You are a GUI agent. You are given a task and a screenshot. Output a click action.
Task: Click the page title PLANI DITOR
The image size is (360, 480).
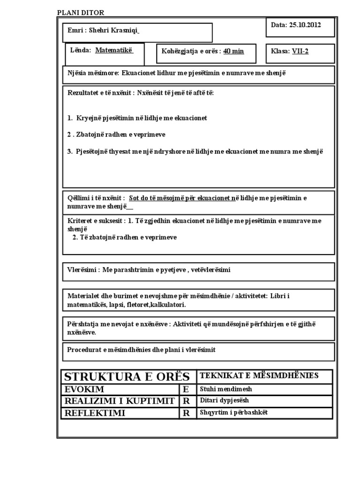pyautogui.click(x=81, y=13)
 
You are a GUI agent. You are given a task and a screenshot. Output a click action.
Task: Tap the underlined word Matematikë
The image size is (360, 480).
pyautogui.click(x=114, y=50)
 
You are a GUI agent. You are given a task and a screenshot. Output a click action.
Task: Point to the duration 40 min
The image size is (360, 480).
pyautogui.click(x=233, y=51)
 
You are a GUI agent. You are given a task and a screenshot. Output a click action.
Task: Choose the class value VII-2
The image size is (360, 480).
pyautogui.click(x=300, y=51)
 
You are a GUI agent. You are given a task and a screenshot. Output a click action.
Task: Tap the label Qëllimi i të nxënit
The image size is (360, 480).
pyautogui.click(x=96, y=198)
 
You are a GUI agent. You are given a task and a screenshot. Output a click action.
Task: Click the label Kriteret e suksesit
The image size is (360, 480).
pyautogui.click(x=96, y=220)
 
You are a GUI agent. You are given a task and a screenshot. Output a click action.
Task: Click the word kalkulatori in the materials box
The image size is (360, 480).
pyautogui.click(x=166, y=305)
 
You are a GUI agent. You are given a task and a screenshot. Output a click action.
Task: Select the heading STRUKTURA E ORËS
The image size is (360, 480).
pyautogui.click(x=127, y=376)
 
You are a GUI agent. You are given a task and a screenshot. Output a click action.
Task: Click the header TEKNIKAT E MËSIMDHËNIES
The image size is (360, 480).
pyautogui.click(x=259, y=375)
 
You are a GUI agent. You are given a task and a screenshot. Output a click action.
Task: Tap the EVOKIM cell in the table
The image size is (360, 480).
pyautogui.click(x=84, y=390)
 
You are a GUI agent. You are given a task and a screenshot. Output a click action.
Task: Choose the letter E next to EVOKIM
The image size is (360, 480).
pyautogui.click(x=187, y=390)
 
